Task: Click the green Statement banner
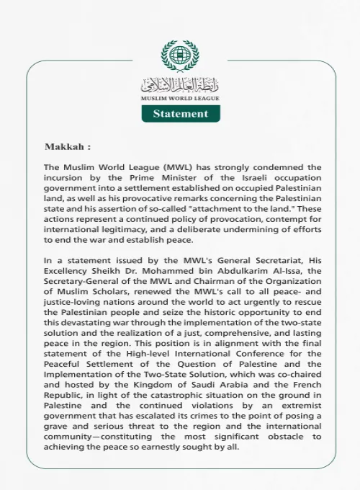[180, 114]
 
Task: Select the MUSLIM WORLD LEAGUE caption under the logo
[180, 98]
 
